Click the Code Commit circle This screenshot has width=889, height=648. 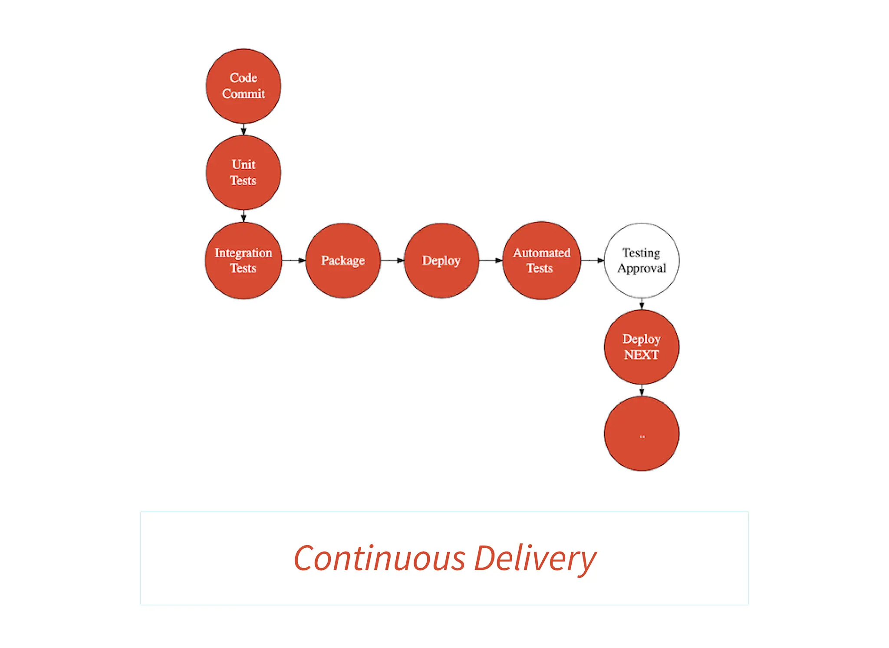[x=243, y=86]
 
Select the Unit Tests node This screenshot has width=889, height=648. [x=243, y=172]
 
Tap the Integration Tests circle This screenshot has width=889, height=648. [x=243, y=260]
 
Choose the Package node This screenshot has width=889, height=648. [x=343, y=260]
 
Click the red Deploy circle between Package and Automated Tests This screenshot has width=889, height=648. [x=441, y=260]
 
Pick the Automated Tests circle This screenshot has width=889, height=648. [x=541, y=260]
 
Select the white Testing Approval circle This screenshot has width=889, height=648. [x=642, y=260]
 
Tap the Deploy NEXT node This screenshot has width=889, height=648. [x=642, y=347]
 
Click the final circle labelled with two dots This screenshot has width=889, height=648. [x=642, y=434]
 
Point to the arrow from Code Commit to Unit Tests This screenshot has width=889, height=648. [x=244, y=129]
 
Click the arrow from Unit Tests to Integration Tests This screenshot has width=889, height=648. [x=244, y=216]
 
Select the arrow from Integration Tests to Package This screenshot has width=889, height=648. [x=294, y=260]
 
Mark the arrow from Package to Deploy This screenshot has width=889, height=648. [x=392, y=260]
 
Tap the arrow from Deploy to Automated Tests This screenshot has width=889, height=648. [x=491, y=260]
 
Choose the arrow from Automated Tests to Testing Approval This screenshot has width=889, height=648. [x=592, y=260]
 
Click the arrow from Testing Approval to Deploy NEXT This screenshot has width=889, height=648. [x=642, y=303]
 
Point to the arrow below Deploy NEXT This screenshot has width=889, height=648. [x=642, y=390]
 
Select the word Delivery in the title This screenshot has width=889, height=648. [x=535, y=559]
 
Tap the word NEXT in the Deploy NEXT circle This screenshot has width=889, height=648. [x=641, y=355]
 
